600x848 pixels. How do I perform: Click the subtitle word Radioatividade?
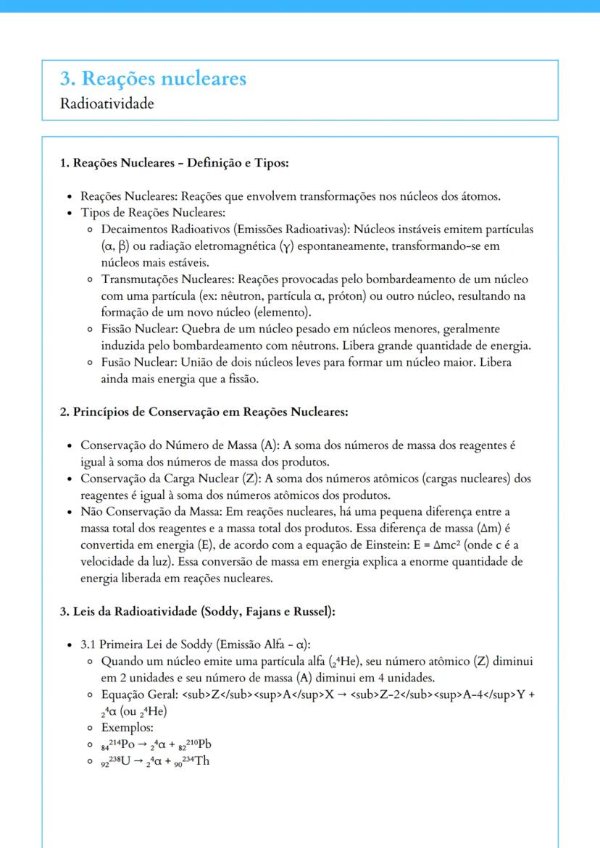click(107, 104)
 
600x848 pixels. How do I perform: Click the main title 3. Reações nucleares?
click(153, 78)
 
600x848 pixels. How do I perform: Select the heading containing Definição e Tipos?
click(174, 163)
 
